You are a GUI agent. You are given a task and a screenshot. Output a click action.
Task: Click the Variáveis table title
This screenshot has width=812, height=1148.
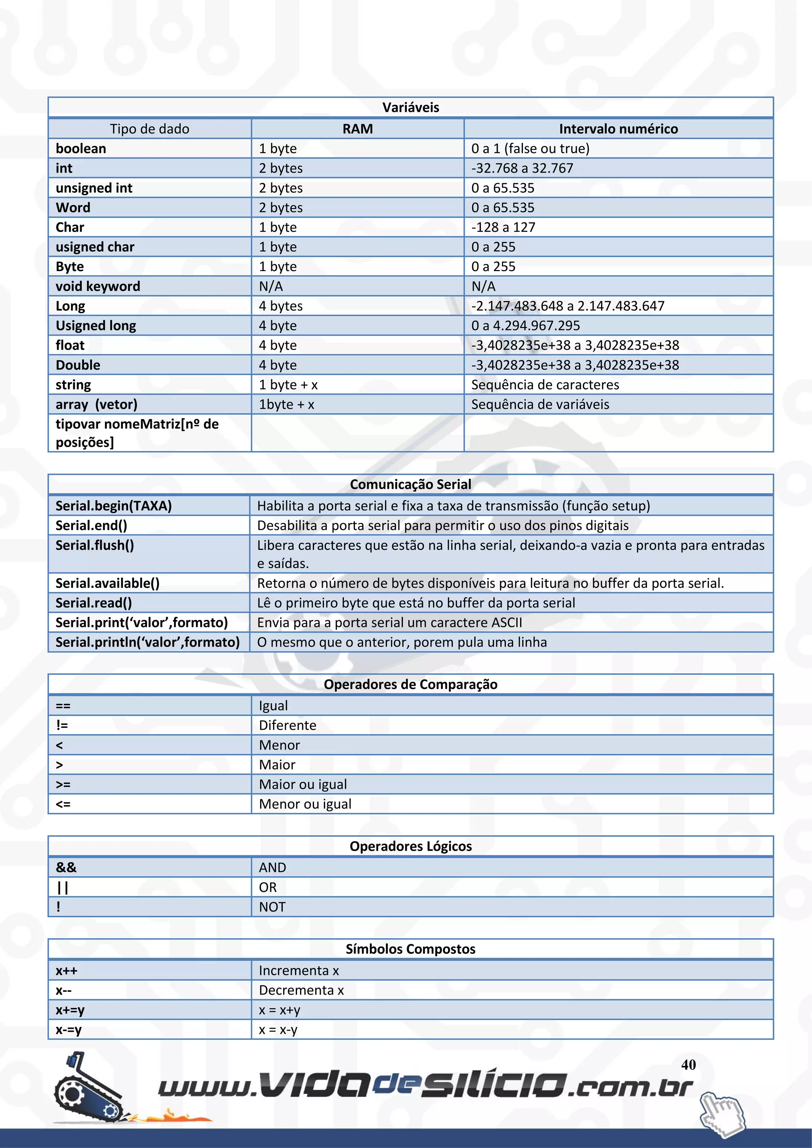tap(410, 107)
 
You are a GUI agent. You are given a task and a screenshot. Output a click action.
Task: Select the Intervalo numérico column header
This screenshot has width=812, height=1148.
tap(618, 129)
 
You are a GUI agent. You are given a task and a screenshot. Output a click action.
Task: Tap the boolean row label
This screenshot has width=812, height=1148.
tap(81, 149)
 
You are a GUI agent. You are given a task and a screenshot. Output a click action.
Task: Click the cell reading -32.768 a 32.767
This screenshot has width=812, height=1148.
tap(522, 168)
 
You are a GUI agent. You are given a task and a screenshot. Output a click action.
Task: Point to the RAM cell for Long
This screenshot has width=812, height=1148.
tap(280, 306)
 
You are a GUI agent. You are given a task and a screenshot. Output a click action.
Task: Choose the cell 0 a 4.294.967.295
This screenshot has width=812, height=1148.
tap(525, 325)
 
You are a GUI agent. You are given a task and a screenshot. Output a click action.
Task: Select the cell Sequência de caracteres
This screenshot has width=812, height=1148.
tap(545, 385)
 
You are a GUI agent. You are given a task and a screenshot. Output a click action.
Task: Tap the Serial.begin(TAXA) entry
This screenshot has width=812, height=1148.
tap(113, 505)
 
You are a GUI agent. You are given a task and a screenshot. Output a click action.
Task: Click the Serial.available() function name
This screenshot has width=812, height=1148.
tap(107, 583)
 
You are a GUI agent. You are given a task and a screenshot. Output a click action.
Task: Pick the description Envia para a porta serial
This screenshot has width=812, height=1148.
tap(389, 622)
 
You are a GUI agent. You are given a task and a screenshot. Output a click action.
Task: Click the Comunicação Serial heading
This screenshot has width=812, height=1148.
tap(410, 484)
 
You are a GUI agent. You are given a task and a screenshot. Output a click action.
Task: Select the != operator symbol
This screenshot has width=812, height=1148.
tap(62, 725)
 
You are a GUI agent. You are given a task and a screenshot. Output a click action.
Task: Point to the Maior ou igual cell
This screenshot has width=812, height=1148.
tap(303, 784)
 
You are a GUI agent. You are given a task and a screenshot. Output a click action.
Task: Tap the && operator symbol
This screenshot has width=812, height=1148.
tap(66, 867)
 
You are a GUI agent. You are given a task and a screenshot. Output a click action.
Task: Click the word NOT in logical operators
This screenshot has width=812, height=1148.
tap(272, 907)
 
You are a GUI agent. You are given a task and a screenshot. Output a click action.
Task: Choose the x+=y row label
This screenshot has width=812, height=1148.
tap(70, 1010)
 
